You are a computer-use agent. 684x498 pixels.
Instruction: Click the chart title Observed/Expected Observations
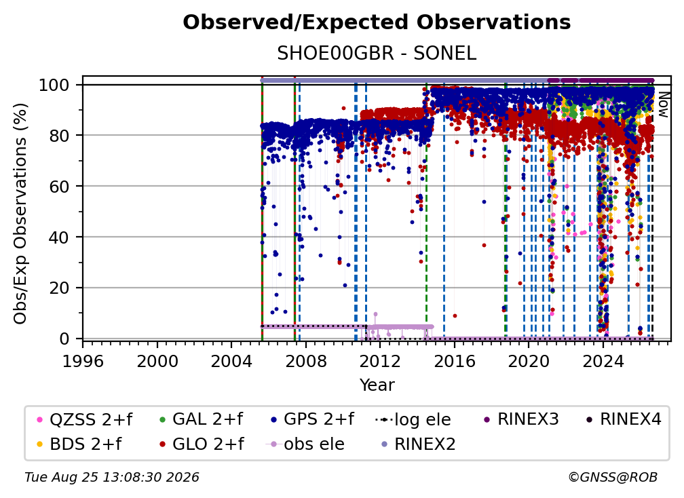click(377, 22)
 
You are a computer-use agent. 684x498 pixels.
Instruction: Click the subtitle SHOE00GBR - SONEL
click(377, 54)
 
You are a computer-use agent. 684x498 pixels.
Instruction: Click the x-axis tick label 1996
click(83, 361)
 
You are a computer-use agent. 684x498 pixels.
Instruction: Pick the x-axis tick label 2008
click(306, 361)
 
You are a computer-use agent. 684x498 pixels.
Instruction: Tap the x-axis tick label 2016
click(455, 361)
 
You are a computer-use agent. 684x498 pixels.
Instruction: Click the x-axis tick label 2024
click(603, 361)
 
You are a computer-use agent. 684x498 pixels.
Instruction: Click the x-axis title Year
click(377, 385)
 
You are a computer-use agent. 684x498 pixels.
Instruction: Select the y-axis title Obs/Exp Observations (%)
click(20, 214)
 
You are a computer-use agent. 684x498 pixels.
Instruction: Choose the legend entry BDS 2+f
click(79, 444)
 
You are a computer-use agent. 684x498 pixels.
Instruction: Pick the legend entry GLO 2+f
click(202, 444)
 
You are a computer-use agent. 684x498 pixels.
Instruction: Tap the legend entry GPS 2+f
click(312, 419)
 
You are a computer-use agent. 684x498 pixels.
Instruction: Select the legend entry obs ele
click(305, 444)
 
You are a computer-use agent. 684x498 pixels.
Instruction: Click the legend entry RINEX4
click(624, 419)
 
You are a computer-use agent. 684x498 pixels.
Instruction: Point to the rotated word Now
click(663, 104)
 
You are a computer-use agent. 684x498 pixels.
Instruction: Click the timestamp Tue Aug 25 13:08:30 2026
click(112, 478)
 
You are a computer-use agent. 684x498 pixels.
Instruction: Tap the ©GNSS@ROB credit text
click(613, 478)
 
